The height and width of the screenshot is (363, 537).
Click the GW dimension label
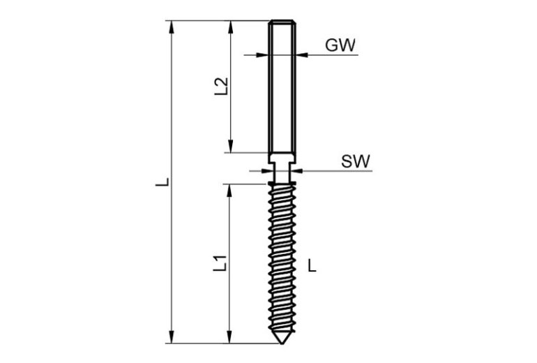tap(340, 45)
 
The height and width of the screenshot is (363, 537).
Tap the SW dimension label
tap(356, 161)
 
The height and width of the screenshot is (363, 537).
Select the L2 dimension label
tap(221, 87)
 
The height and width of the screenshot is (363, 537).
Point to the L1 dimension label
tap(220, 263)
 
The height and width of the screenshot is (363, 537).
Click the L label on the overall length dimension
tap(162, 181)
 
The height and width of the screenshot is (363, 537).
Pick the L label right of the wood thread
tap(312, 265)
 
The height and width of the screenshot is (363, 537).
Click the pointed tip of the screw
tap(282, 343)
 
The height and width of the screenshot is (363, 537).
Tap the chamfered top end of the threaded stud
tap(282, 22)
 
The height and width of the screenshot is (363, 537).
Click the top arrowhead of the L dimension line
tap(172, 27)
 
